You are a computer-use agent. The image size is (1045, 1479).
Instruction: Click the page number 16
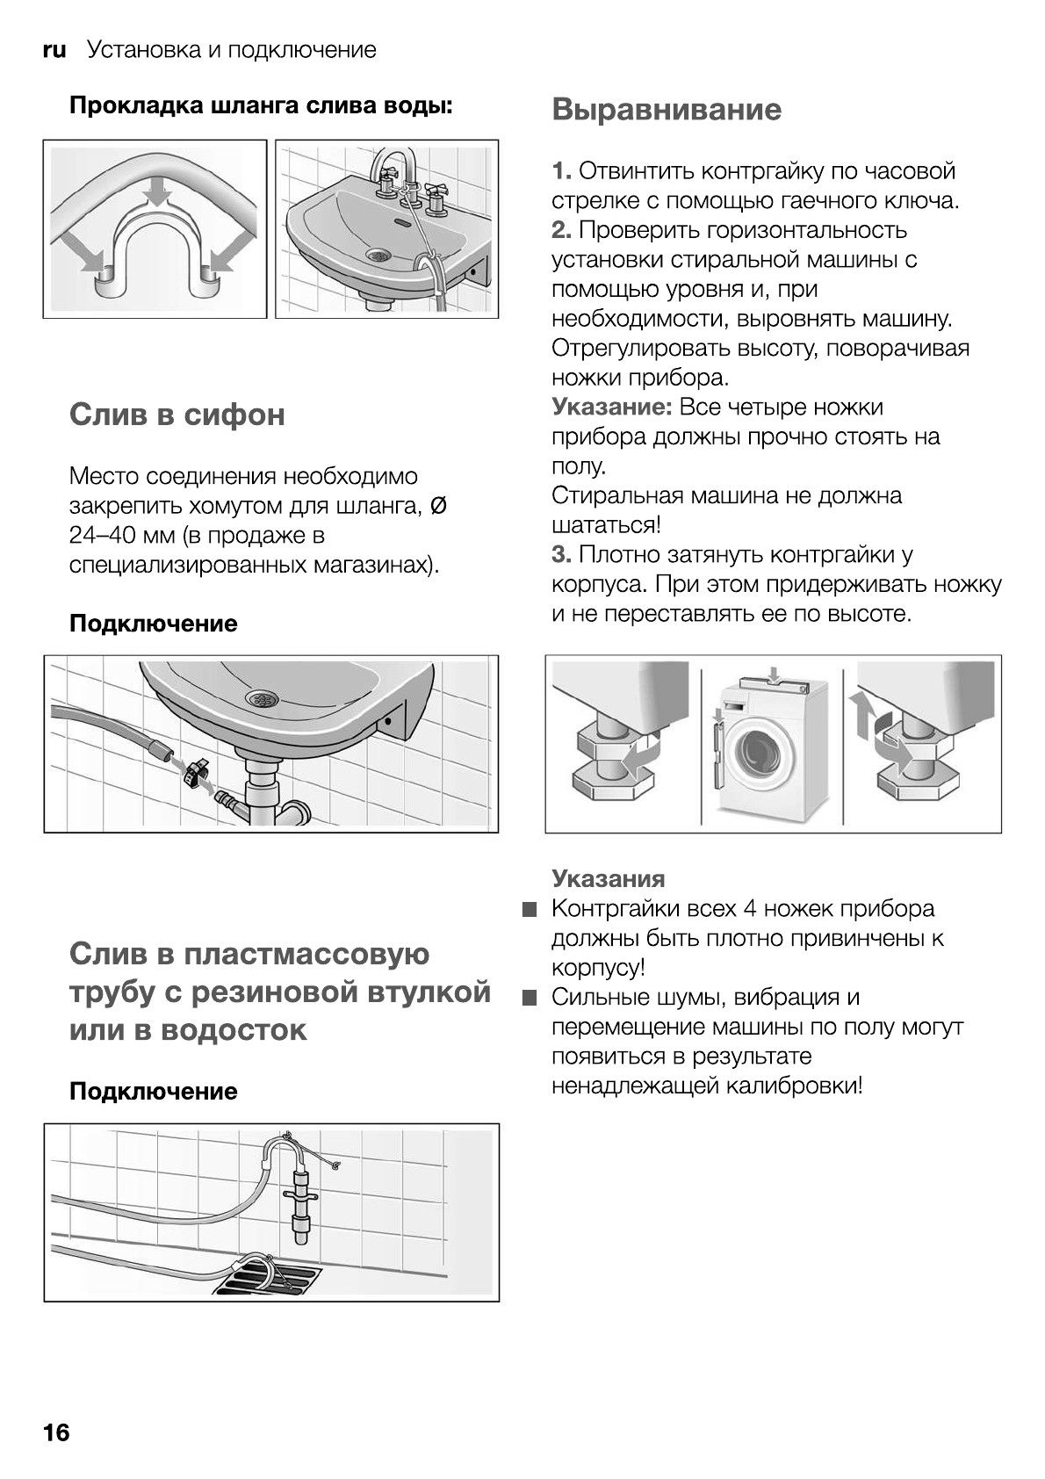click(x=55, y=1432)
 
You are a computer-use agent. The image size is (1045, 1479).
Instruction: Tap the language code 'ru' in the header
click(x=54, y=50)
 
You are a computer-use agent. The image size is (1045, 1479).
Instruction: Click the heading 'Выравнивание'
click(x=667, y=110)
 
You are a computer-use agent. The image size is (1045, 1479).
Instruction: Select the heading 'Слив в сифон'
click(x=177, y=415)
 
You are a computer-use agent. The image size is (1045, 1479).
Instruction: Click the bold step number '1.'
click(x=562, y=171)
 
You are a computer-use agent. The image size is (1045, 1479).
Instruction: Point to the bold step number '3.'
click(x=562, y=555)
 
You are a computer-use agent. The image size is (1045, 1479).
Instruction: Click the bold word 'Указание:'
click(x=612, y=408)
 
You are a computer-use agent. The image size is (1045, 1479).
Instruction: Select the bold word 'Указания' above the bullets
click(x=608, y=879)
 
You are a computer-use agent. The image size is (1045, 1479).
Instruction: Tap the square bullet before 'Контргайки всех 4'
click(x=528, y=910)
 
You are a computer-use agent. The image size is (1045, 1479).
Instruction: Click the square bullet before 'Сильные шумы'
click(x=528, y=999)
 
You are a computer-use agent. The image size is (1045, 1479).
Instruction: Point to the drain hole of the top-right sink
click(x=378, y=255)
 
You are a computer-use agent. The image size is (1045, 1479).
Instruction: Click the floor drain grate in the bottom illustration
click(x=268, y=1279)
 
